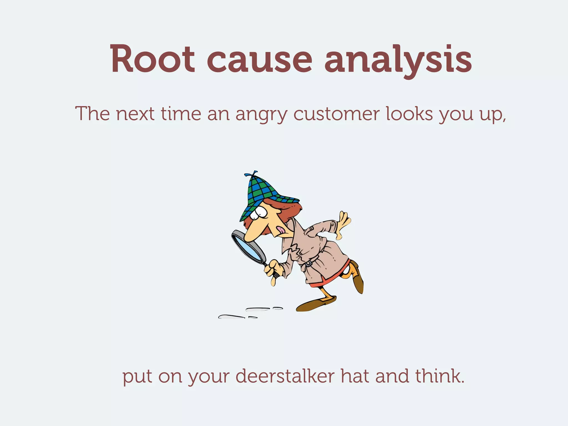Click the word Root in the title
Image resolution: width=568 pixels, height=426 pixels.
tap(152, 59)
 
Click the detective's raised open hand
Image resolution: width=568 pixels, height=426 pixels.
tap(344, 222)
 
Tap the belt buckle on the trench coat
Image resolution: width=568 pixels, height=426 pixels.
tap(308, 263)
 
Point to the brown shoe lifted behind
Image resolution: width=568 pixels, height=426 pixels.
tap(358, 280)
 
